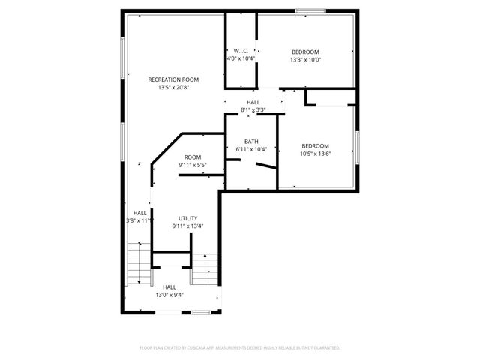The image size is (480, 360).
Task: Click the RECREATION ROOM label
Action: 173,79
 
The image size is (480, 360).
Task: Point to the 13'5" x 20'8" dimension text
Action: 173,88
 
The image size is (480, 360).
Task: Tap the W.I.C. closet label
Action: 241,51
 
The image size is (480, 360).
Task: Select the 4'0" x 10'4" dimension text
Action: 241,58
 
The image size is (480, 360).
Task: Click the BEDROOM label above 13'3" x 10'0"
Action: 305,52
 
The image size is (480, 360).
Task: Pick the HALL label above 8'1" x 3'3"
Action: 253,102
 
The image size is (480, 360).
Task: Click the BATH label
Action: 251,141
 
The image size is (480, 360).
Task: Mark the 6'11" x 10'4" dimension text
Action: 251,149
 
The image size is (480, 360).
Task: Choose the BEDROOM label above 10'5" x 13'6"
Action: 315,145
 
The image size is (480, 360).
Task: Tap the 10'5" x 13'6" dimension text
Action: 315,154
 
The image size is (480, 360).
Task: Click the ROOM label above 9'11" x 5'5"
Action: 192,157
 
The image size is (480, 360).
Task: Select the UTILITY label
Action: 187,218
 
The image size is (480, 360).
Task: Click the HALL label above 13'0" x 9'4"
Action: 169,286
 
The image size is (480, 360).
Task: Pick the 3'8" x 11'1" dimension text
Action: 140,220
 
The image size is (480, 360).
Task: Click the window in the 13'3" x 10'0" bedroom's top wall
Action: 310,11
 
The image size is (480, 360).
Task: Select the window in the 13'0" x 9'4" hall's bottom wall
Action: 199,312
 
